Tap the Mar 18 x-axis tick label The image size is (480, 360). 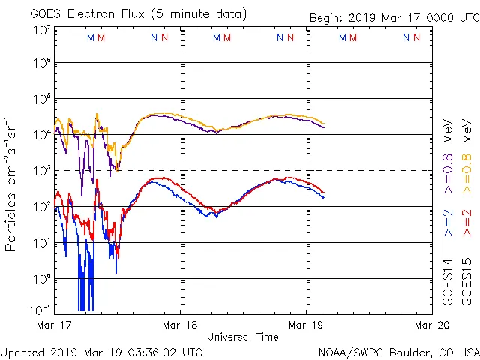(180, 325)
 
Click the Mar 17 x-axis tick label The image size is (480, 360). (54, 325)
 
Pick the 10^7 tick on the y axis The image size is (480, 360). (41, 29)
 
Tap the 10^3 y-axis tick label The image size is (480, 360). (41, 171)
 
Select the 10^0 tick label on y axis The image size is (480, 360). (41, 279)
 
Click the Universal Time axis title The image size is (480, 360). (243, 337)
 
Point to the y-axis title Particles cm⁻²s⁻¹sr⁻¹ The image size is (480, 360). (13, 184)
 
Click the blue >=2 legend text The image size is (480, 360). (448, 223)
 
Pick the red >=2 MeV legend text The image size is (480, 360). (466, 223)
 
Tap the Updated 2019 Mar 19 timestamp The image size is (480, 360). (102, 351)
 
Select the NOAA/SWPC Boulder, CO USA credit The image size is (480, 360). (398, 351)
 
